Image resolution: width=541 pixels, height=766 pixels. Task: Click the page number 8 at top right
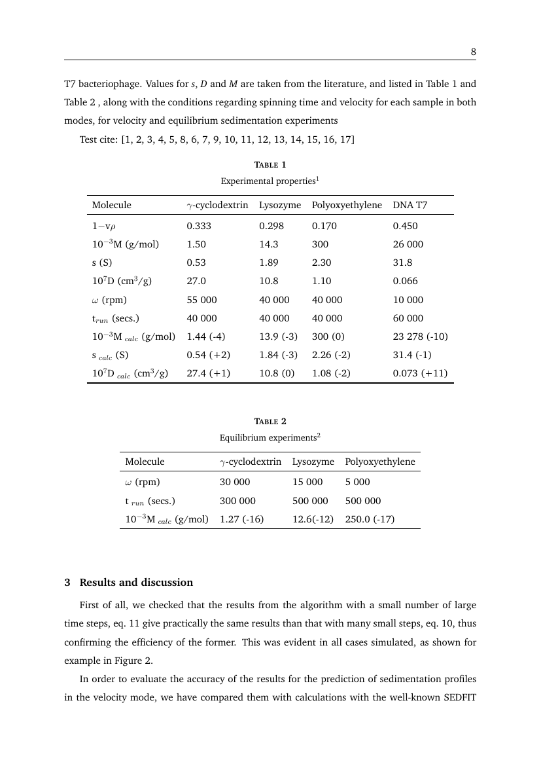[472, 50]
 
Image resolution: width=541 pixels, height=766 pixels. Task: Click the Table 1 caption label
[270, 164]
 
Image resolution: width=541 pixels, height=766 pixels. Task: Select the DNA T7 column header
[410, 205]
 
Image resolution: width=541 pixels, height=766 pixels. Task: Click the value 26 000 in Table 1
[408, 244]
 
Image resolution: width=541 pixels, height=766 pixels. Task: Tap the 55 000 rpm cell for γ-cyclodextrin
[201, 300]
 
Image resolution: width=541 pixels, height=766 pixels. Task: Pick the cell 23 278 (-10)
[420, 337]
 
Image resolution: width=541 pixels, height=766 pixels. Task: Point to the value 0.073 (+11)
[419, 374]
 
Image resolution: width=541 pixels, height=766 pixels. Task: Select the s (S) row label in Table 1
[101, 263]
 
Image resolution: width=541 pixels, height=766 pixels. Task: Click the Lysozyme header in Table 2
[313, 462]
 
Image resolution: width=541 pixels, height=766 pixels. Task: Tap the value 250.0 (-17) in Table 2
[370, 519]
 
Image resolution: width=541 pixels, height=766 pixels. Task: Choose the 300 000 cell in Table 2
[237, 501]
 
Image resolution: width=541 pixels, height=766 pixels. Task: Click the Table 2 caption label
[270, 421]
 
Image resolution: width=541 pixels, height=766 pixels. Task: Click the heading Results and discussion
[136, 582]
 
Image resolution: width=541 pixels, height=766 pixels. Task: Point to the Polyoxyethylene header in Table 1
[347, 205]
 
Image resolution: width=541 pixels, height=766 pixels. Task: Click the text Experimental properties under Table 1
[268, 180]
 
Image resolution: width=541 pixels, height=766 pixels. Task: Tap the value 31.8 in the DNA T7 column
[401, 263]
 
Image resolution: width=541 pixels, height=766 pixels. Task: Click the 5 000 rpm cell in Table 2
[357, 482]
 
